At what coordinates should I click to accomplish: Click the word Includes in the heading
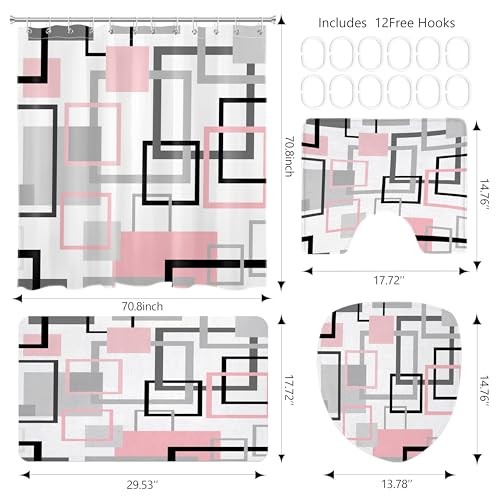point(342,23)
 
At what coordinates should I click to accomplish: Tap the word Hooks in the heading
point(436,23)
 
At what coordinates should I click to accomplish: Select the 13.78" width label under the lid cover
point(397,484)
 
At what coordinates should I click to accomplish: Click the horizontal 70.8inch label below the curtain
point(142,306)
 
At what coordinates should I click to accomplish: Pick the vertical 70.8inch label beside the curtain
point(289,156)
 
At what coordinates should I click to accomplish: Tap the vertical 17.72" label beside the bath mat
point(289,391)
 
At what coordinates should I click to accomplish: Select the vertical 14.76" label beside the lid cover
point(484,391)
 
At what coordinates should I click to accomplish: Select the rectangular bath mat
point(143,389)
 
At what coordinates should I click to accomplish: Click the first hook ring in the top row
point(313,53)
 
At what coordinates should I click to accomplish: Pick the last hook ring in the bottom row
point(458,91)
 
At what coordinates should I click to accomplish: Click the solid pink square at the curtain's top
point(127,69)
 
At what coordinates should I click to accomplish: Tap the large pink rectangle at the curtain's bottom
point(165,255)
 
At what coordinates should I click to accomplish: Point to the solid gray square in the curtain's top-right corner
point(249,49)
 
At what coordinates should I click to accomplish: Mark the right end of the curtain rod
point(275,20)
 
